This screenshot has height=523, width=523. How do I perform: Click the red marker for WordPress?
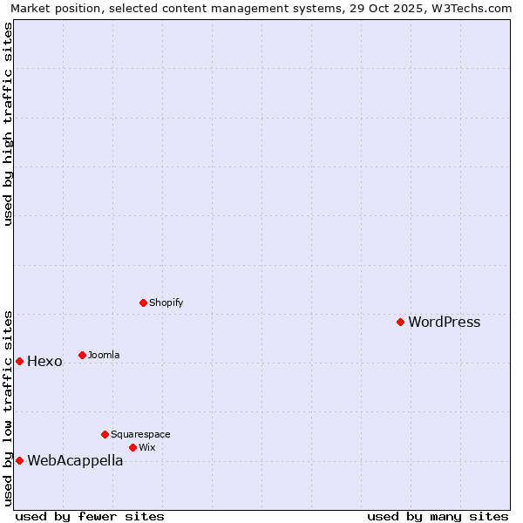[x=400, y=322]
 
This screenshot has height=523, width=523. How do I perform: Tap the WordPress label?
[x=444, y=323]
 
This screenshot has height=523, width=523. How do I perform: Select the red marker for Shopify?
[x=143, y=302]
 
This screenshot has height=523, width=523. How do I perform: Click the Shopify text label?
[x=166, y=303]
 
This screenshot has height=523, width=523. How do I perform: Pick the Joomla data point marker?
[x=82, y=355]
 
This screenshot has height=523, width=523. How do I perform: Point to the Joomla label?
[x=104, y=356]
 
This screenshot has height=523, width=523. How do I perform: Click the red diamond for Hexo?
[x=19, y=361]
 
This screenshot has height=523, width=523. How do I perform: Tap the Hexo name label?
[x=44, y=362]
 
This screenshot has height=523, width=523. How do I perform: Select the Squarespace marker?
[x=105, y=434]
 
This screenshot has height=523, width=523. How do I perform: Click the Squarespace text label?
[x=140, y=435]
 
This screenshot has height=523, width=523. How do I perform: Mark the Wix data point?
[x=132, y=447]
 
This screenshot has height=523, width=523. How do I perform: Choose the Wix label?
[x=146, y=448]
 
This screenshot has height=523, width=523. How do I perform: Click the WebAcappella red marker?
[x=19, y=460]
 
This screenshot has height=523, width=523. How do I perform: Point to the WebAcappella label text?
[x=75, y=461]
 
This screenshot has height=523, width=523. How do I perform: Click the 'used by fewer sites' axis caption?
[x=90, y=516]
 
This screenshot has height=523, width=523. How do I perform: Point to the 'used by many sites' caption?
[x=438, y=516]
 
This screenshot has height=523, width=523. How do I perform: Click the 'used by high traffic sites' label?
[x=9, y=124]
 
